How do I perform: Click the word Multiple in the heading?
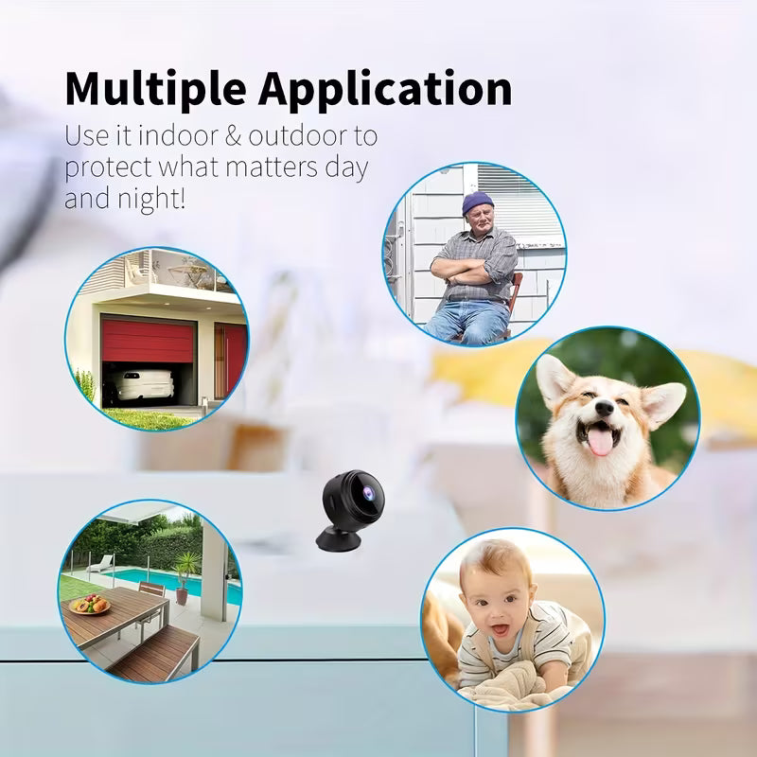[154, 89]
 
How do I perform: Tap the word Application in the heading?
[384, 91]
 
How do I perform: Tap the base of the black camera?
[339, 538]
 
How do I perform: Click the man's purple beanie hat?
[478, 202]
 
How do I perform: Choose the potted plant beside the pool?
[186, 573]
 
